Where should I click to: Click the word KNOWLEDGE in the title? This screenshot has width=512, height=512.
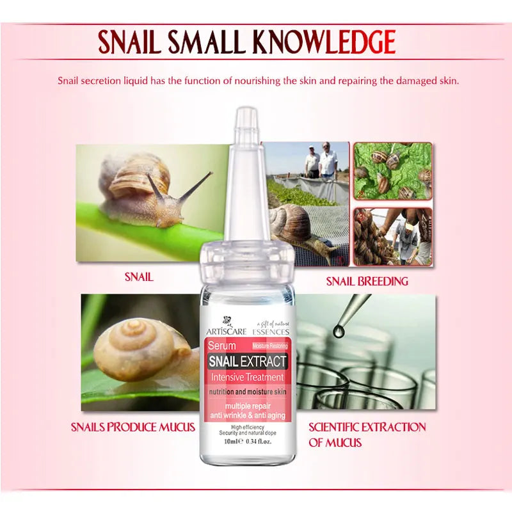[x=323, y=42]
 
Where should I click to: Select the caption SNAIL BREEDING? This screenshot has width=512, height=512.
[x=367, y=281]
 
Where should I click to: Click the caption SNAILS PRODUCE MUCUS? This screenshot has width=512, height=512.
[x=133, y=427]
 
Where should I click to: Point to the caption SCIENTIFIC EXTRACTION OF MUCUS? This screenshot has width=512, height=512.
[x=367, y=435]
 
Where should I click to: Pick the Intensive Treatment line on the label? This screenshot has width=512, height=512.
[x=247, y=377]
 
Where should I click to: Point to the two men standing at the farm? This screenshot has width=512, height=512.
[x=320, y=161]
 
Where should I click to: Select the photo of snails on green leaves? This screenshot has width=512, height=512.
[x=392, y=171]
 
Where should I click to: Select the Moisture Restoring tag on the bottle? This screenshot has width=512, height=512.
[x=270, y=346]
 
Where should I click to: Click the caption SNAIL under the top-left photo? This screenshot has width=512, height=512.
[x=138, y=277]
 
